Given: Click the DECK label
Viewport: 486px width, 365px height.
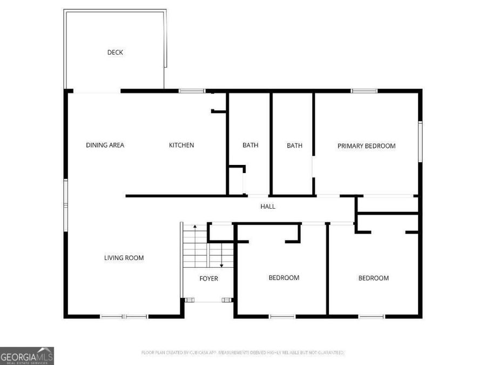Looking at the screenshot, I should point(115,52).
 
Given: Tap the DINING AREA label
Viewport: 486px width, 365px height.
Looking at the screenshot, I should point(105,145).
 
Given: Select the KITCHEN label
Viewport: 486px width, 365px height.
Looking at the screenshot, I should point(181,145).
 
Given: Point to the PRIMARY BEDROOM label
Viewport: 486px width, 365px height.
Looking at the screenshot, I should point(367,145).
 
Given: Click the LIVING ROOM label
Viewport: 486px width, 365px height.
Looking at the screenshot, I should point(124,258).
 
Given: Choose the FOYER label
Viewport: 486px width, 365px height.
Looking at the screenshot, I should point(209,278).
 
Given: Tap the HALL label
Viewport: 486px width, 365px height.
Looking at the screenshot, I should point(268,206).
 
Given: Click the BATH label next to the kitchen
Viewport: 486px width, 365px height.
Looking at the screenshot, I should point(250,145).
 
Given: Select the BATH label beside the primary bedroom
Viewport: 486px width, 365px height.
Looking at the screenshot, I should point(294,145).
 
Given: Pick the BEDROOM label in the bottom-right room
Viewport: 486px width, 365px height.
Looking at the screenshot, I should point(374,278).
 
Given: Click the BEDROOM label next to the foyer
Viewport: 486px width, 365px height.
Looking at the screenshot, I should point(284,278).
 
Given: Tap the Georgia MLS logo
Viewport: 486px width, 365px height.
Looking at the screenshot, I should point(27,356).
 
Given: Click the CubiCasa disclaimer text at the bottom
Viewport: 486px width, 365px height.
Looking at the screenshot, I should point(242,353).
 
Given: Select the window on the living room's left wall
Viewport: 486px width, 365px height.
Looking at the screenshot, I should point(66,205).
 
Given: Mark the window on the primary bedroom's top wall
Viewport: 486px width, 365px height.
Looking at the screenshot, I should point(364,91).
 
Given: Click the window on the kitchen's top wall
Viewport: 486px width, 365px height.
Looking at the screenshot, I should point(192,91).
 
